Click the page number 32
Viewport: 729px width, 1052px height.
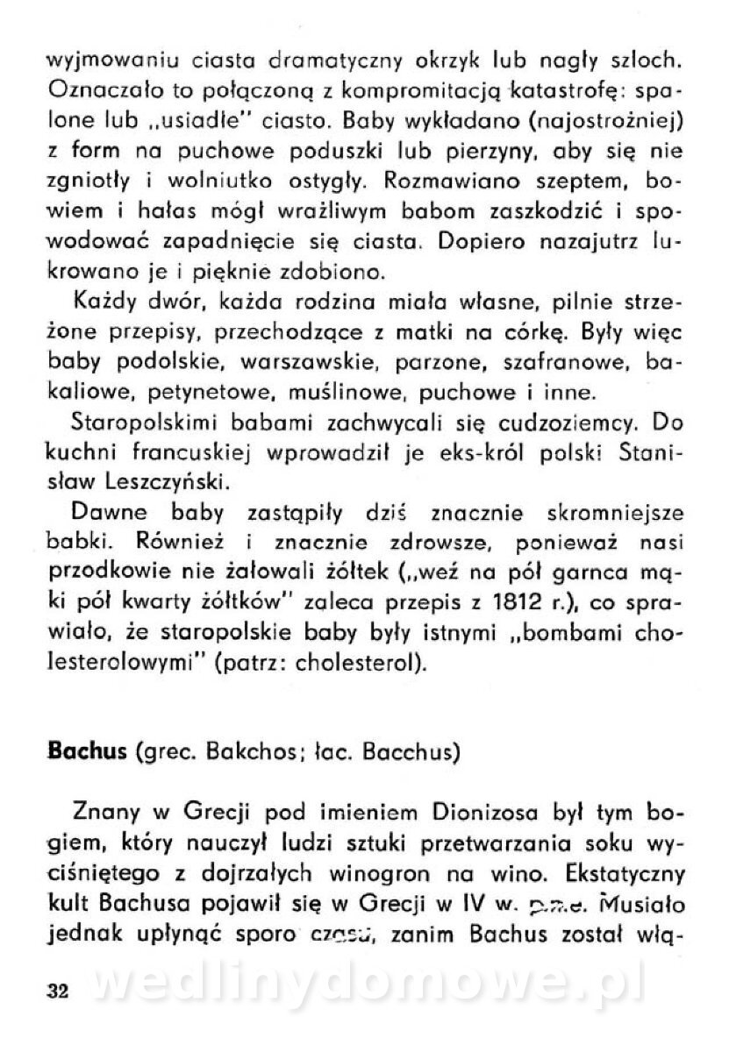click(59, 992)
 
